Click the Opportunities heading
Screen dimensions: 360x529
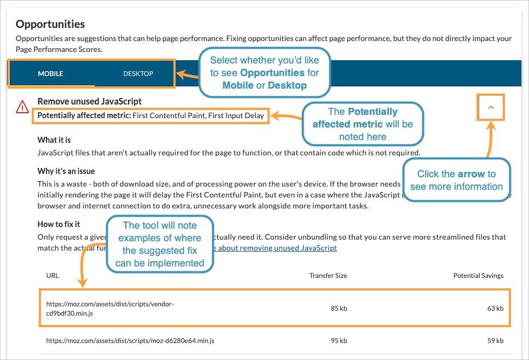coord(50,24)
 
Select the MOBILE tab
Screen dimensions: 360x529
coord(50,73)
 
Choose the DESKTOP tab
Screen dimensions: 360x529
coord(138,73)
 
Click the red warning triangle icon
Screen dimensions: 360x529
coord(22,107)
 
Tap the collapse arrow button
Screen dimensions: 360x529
coord(491,107)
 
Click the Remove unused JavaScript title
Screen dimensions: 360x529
coord(89,101)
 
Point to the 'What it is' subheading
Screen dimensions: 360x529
coord(54,140)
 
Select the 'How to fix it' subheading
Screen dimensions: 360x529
coord(59,224)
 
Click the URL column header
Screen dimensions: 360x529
coord(53,276)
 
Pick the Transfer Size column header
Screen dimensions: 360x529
coord(328,276)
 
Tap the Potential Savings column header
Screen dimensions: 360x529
coord(478,276)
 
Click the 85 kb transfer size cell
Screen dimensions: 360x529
coord(339,309)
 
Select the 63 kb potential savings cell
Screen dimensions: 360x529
coord(495,309)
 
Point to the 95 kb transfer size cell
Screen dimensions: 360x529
coord(339,341)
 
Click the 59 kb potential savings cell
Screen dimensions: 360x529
coord(495,341)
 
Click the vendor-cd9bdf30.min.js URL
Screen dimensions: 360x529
coord(109,309)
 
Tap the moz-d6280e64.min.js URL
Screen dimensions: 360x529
coord(130,341)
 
